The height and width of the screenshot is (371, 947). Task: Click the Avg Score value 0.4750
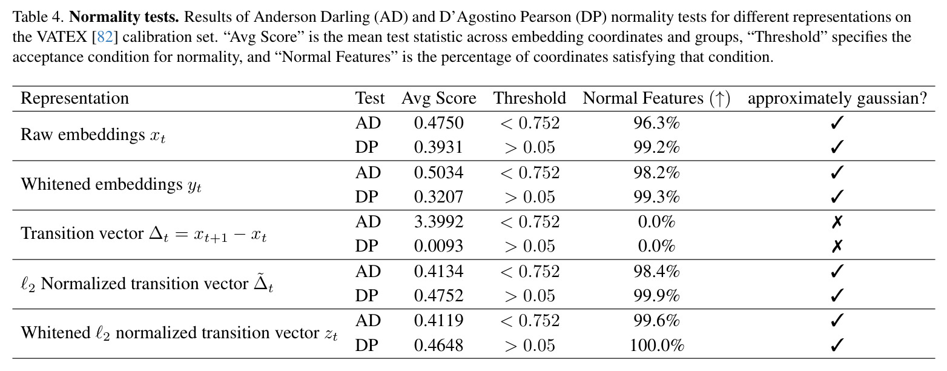point(439,123)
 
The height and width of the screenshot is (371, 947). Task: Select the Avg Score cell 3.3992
point(439,222)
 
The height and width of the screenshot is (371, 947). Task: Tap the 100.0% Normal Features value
point(656,345)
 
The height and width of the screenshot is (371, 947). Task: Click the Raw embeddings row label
point(93,135)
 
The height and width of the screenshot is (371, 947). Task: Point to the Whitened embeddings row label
point(111,185)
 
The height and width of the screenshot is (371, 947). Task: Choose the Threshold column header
point(529,98)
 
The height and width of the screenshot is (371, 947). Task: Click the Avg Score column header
point(439,99)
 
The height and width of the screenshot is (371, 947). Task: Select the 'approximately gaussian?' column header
point(837,99)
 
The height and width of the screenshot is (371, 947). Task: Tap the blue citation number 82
point(105,37)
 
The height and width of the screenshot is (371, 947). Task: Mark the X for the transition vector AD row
point(837,222)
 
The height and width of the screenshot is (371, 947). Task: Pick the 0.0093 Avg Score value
point(439,246)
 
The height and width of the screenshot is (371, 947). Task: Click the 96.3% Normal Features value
point(656,123)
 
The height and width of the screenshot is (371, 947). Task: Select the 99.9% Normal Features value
point(656,296)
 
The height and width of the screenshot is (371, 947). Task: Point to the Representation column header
point(75,99)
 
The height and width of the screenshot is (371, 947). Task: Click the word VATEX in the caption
point(62,37)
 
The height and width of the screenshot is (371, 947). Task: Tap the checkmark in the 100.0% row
point(837,345)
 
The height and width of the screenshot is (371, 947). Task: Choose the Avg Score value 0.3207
point(439,197)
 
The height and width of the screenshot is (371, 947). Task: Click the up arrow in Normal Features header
point(719,99)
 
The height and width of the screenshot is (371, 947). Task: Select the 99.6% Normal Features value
point(656,321)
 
